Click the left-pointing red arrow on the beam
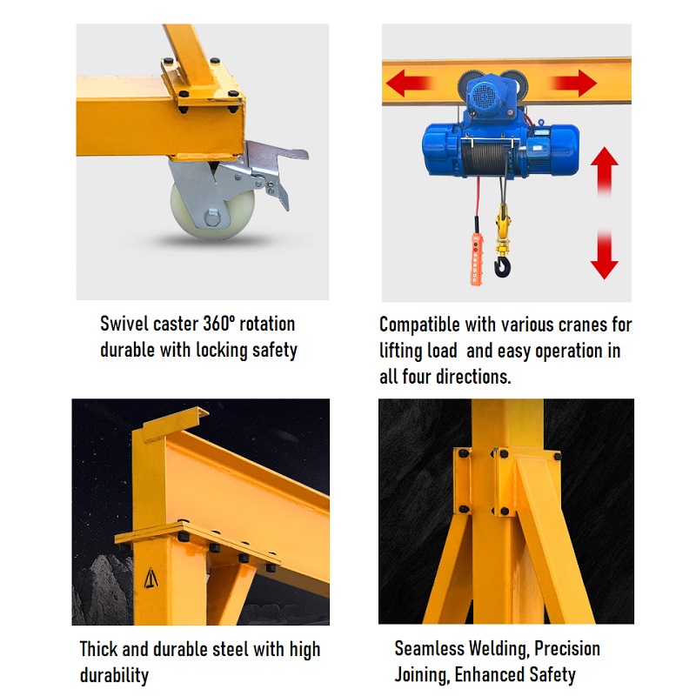coord(408,83)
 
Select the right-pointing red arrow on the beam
coord(573,83)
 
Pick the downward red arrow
coord(604,254)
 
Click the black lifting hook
coord(503,266)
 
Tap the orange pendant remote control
coord(476,258)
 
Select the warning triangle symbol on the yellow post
coord(151,579)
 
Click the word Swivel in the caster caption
coord(124,324)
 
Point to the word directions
coord(473,377)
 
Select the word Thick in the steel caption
coord(98,649)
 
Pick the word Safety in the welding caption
coord(552,675)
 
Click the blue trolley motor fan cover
coord(483,95)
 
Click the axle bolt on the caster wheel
coord(212,218)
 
